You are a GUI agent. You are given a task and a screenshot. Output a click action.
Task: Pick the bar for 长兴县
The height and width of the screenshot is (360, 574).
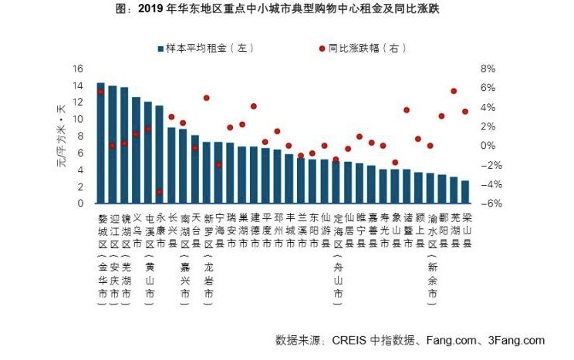click(171, 166)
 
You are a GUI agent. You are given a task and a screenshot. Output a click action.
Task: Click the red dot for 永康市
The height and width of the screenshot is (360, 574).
click(160, 192)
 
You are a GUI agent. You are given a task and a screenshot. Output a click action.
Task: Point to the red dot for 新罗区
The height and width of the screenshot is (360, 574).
click(207, 98)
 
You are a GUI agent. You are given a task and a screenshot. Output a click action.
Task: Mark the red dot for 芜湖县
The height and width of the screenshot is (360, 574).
click(454, 91)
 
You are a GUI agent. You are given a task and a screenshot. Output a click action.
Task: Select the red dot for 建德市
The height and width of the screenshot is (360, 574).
click(254, 106)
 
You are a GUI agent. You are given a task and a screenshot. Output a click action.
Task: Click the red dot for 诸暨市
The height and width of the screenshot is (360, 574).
click(407, 110)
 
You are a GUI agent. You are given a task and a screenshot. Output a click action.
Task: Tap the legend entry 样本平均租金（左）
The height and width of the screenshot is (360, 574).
click(206, 49)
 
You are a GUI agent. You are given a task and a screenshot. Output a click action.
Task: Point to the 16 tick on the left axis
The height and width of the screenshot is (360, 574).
click(78, 69)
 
